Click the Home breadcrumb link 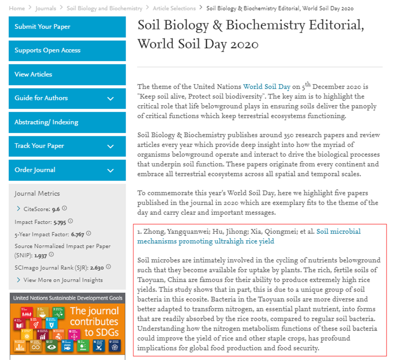coord(17,8)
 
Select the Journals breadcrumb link coord(45,8)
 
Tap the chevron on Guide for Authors coord(110,98)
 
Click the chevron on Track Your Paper coord(110,146)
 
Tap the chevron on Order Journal coord(110,170)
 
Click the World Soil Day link coord(266,87)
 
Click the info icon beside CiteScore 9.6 coord(65,208)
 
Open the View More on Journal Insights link coord(63,280)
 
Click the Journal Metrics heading coord(37,194)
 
